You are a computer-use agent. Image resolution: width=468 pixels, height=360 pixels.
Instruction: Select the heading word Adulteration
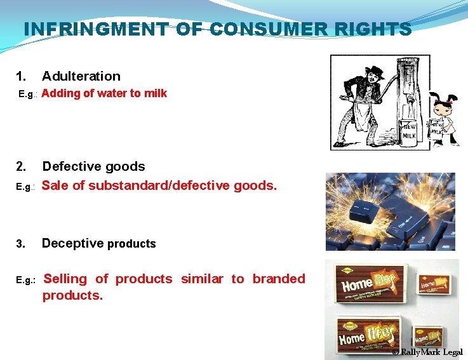coord(81,76)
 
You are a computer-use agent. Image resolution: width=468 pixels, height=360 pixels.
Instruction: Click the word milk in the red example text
coord(156,93)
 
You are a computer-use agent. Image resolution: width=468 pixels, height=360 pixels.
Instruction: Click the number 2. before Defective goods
coord(22,166)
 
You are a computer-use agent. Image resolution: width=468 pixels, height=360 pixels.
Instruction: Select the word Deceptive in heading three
coord(72,243)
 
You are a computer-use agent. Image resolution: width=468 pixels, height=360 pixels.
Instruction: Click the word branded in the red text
coord(279,279)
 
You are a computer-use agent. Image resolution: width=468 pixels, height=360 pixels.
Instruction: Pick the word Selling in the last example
coord(65,279)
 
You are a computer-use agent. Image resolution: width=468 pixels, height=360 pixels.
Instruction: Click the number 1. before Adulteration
coord(22,76)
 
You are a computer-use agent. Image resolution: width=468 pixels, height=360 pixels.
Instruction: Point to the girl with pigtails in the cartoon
coord(441,121)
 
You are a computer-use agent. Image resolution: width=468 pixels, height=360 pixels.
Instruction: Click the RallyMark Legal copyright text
coord(427,352)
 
